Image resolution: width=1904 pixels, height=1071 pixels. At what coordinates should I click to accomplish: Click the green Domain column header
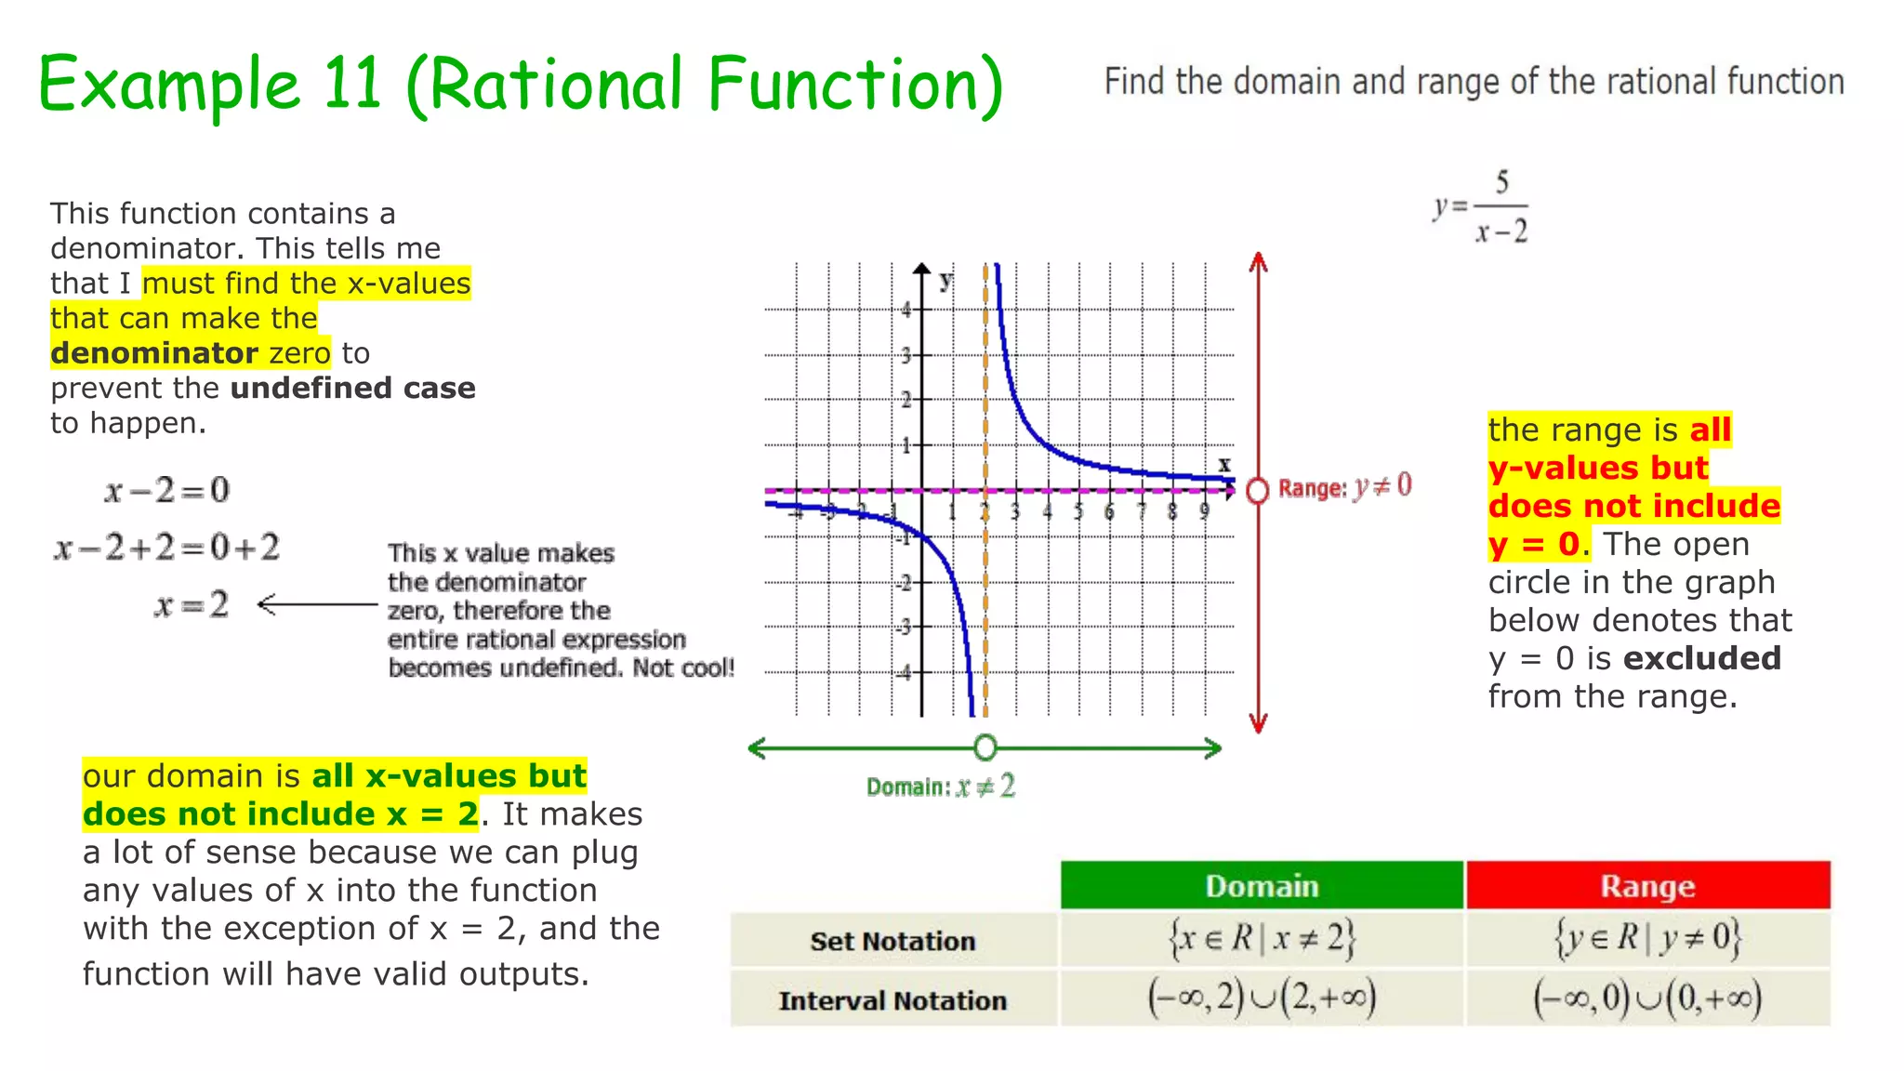tap(1262, 886)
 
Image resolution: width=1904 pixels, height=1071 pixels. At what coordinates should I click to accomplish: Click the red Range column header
tap(1647, 886)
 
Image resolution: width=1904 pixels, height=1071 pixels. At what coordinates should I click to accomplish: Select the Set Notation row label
tap(892, 941)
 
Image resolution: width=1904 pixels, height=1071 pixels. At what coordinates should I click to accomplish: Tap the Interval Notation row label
tap(892, 1000)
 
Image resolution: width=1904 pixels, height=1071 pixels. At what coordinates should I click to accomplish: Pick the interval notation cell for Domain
tap(1262, 998)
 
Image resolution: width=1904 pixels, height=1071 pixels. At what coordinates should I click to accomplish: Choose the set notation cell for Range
tap(1647, 939)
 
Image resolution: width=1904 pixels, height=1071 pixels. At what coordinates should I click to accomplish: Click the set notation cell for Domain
tap(1262, 939)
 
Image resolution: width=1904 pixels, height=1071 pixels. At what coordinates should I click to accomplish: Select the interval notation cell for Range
tap(1647, 998)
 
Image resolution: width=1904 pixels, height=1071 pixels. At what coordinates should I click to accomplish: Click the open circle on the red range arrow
tap(1258, 490)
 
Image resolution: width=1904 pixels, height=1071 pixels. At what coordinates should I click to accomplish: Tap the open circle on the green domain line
tap(985, 747)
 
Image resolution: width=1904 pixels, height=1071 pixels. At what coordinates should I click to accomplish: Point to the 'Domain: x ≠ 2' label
tap(941, 787)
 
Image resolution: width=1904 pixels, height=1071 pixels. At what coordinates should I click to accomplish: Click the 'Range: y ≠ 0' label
tap(1344, 487)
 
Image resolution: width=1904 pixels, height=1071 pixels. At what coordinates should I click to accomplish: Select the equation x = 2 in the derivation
tap(192, 605)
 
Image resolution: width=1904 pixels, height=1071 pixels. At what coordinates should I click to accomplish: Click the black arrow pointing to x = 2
tap(316, 605)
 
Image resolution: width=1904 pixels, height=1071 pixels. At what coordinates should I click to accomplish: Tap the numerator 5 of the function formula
tap(1501, 181)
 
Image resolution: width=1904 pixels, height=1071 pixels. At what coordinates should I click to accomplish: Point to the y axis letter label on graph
tap(945, 280)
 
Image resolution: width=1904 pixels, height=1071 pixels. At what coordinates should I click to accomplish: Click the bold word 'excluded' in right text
tap(1701, 658)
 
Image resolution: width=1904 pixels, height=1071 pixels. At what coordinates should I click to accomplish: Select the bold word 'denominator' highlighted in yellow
tap(153, 353)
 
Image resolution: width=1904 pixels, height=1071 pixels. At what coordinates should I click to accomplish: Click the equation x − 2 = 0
tap(167, 490)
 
